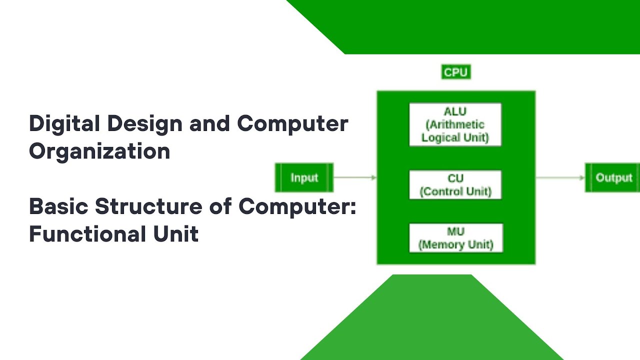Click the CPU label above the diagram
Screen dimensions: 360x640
pos(455,72)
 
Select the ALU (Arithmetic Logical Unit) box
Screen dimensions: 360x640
pos(455,124)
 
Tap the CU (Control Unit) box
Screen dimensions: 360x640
pos(455,185)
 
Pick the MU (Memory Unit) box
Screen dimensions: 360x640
pos(455,238)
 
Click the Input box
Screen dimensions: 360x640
pos(304,178)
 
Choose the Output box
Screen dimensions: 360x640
pos(613,178)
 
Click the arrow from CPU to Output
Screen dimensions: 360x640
pos(560,177)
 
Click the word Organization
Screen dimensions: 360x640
pos(99,151)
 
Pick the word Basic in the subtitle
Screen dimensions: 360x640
pos(58,206)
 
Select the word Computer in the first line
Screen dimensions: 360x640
pos(292,123)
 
